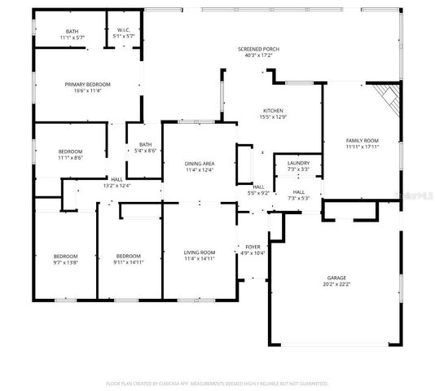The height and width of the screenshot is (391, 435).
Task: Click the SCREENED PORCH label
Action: (x=258, y=49)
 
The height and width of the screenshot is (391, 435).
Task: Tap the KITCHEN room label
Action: (x=272, y=111)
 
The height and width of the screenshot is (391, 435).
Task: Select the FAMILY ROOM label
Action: (x=362, y=141)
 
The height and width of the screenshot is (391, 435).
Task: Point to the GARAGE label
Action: (x=336, y=278)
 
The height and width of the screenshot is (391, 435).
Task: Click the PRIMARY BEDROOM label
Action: (x=87, y=84)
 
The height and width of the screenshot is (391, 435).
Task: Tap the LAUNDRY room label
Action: (x=298, y=163)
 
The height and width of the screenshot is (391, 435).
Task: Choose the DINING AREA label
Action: (x=200, y=164)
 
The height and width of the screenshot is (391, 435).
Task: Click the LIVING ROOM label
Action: (x=199, y=252)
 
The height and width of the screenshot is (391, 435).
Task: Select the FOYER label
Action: (x=253, y=247)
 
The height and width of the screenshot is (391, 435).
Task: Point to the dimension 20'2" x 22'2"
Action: (x=336, y=285)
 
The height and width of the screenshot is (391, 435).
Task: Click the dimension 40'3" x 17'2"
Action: (x=258, y=55)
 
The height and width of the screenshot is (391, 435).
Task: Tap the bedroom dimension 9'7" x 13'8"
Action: (x=65, y=262)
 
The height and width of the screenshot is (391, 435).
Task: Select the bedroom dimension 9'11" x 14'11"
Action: (x=129, y=262)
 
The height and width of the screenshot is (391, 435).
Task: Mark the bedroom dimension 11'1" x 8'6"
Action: (x=70, y=157)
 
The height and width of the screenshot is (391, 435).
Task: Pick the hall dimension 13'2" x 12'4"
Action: (x=116, y=186)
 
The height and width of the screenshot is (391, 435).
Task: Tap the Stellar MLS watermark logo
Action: (x=413, y=195)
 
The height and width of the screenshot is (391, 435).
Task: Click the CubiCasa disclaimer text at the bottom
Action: (x=217, y=383)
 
